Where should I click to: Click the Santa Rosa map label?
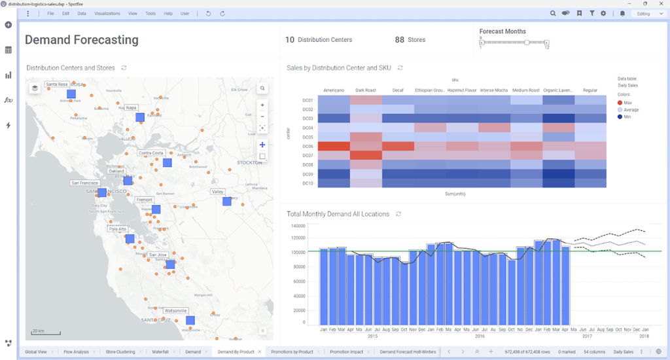coord(57,84)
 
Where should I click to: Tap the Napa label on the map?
coord(132,107)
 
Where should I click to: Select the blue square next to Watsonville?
coord(190,321)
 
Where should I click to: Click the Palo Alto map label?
coord(118,229)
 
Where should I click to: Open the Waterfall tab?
coord(161,352)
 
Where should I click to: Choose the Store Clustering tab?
coord(120,352)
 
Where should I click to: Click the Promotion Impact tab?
coord(346,352)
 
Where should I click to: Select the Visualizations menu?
coord(107,13)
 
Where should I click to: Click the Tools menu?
coord(150,13)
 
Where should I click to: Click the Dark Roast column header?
coord(366,90)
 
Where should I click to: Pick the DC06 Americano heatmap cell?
coord(334,146)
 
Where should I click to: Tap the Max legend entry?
coord(627,103)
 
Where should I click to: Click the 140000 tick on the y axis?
coord(298,225)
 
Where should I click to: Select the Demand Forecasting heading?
coord(82,40)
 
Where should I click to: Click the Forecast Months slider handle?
coord(526,43)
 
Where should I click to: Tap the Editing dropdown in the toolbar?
coord(648,13)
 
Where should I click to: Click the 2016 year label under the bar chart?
coord(480,336)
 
